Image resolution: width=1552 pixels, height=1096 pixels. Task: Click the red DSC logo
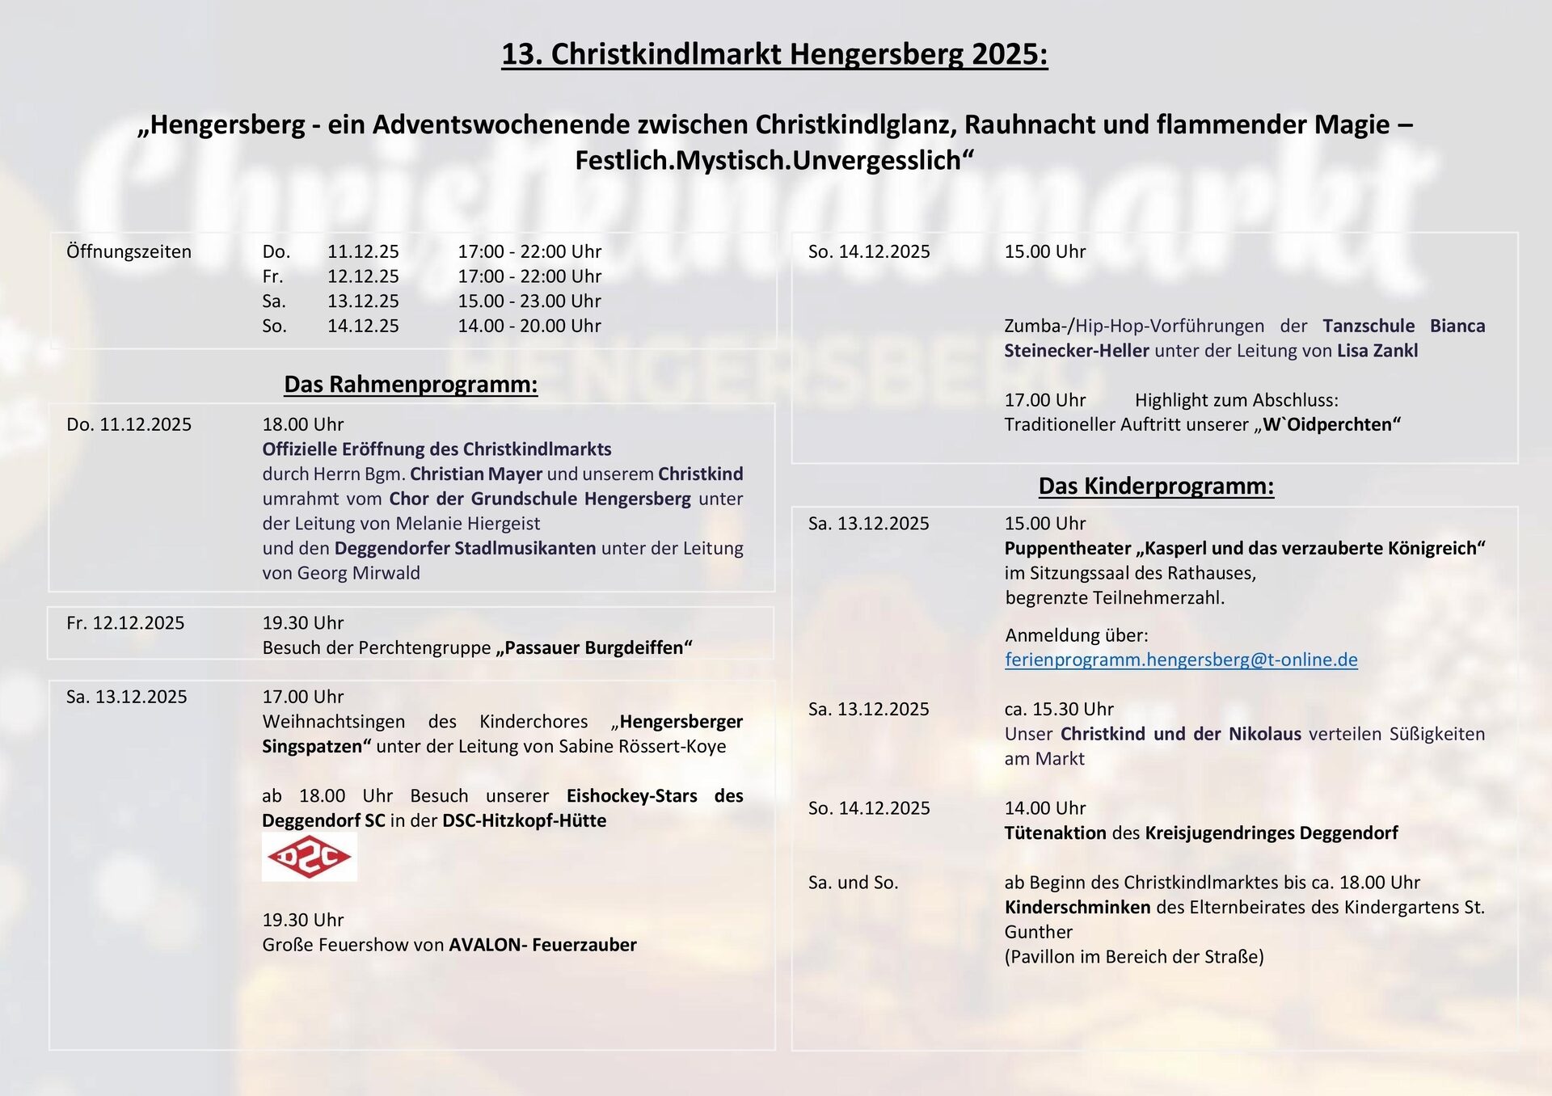pyautogui.click(x=309, y=857)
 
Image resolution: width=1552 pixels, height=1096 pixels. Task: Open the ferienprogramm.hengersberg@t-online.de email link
pyautogui.click(x=1181, y=660)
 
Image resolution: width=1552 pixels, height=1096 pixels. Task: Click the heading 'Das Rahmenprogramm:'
pyautogui.click(x=411, y=384)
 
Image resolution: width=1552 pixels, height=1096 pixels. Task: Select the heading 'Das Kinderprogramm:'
pyautogui.click(x=1156, y=486)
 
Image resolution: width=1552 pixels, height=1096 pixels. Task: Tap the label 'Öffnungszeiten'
pyautogui.click(x=129, y=251)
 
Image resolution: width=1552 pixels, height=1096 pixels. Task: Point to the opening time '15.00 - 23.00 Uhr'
pyautogui.click(x=529, y=301)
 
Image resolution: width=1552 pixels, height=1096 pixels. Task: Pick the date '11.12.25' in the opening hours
pyautogui.click(x=363, y=251)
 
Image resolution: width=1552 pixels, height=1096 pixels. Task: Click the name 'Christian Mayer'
pyautogui.click(x=476, y=474)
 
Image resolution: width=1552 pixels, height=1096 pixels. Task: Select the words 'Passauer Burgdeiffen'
pyautogui.click(x=594, y=647)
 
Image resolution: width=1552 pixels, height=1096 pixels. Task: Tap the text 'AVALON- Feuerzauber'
pyautogui.click(x=542, y=945)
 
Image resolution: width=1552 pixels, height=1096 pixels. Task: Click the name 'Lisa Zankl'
pyautogui.click(x=1377, y=351)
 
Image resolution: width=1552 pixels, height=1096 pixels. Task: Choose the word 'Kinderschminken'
pyautogui.click(x=1078, y=907)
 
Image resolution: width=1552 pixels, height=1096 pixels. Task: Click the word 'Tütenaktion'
pyautogui.click(x=1055, y=833)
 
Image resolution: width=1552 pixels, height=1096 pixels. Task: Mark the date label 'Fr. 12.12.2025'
pyautogui.click(x=125, y=623)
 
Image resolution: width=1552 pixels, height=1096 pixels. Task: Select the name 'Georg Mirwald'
pyautogui.click(x=359, y=573)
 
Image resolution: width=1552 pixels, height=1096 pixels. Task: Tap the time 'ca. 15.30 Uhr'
pyautogui.click(x=1059, y=709)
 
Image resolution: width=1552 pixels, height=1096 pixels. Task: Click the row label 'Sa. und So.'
pyautogui.click(x=853, y=883)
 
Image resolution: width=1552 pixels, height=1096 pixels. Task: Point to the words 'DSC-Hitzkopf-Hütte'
pyautogui.click(x=524, y=820)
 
